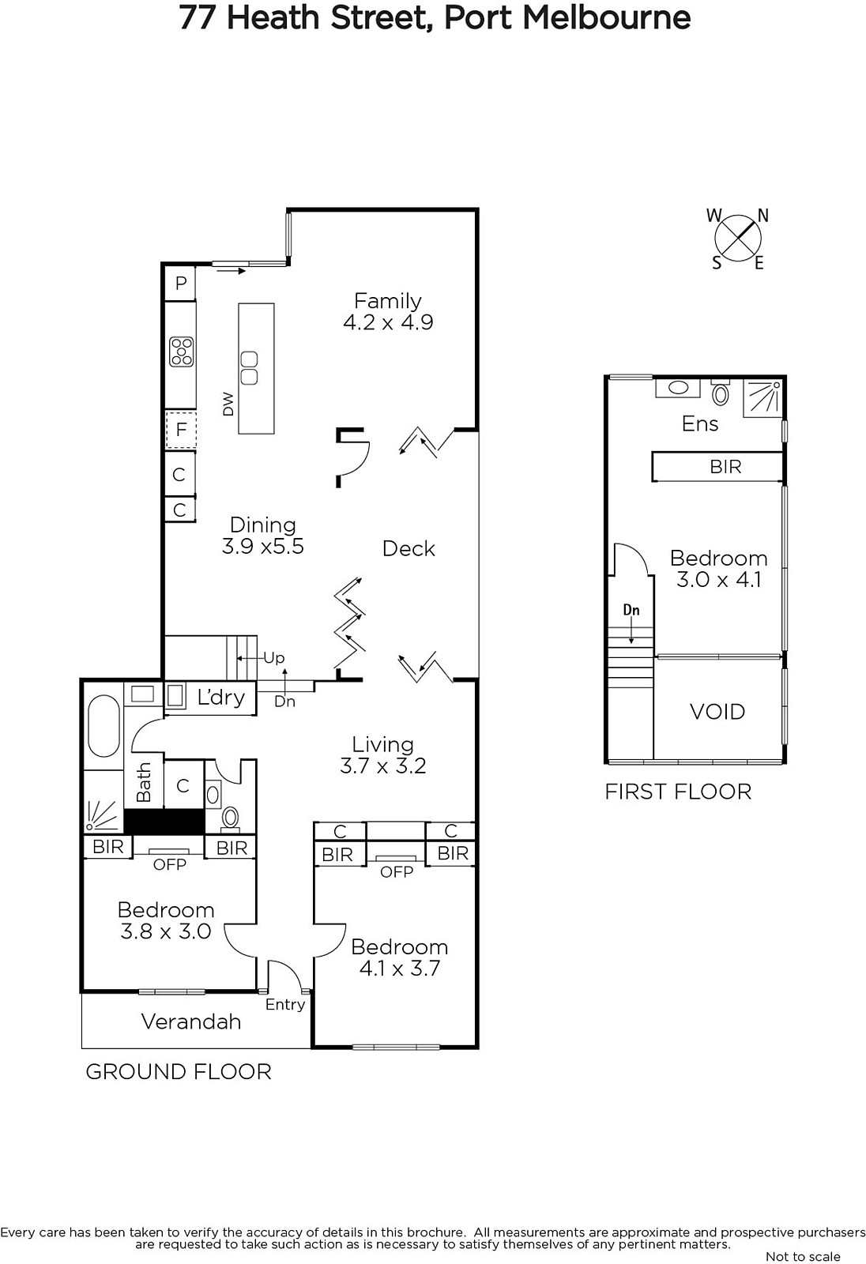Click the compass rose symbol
tap(738, 238)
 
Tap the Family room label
tap(388, 301)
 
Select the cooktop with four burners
tap(181, 352)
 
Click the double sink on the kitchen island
tap(249, 368)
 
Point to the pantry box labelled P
tap(180, 283)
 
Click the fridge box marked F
tap(181, 430)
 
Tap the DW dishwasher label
tap(228, 404)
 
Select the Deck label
tap(409, 548)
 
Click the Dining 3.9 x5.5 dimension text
tap(263, 546)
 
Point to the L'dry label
tap(220, 698)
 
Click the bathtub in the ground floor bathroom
tap(104, 726)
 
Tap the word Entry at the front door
tap(285, 1004)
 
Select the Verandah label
tap(190, 1021)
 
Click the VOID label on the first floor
tap(717, 712)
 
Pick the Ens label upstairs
tap(700, 423)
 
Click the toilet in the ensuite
tap(721, 392)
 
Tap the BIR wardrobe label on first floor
tap(725, 467)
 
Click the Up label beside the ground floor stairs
tap(274, 658)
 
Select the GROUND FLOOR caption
tap(179, 1071)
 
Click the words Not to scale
tap(803, 1256)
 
